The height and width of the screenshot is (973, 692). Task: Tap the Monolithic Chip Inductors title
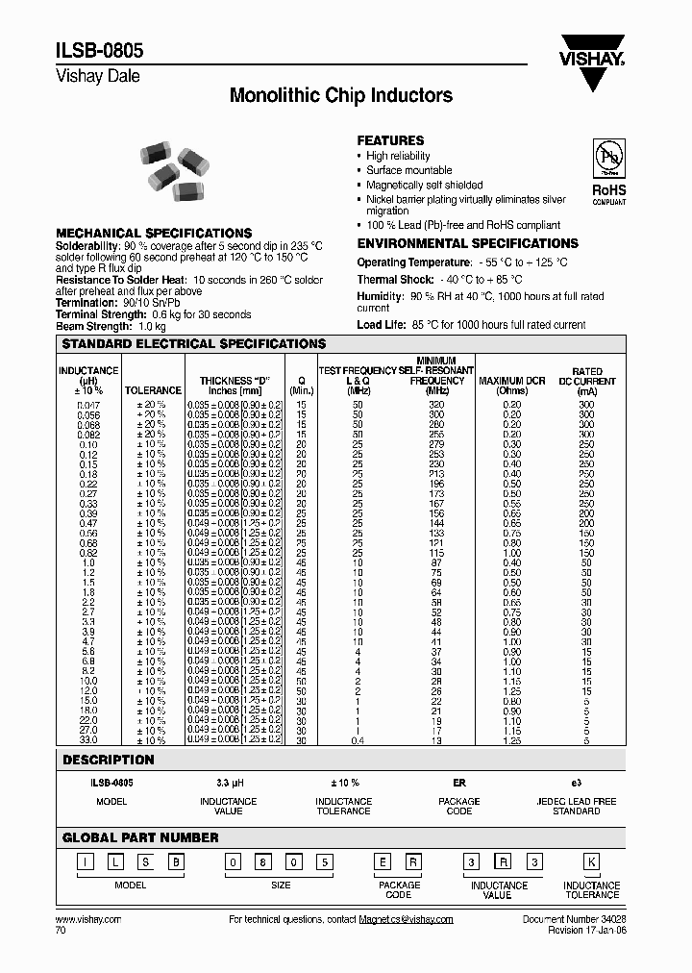(x=341, y=96)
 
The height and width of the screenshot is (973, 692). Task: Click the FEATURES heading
(x=390, y=140)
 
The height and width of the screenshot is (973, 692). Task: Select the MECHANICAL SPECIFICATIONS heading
(x=154, y=233)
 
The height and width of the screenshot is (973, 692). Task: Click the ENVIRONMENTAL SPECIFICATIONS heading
(x=467, y=243)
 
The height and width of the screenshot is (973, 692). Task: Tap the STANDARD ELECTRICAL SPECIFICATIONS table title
(x=193, y=343)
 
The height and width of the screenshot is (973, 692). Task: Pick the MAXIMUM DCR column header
(x=512, y=386)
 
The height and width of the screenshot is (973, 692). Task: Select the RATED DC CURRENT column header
(x=587, y=381)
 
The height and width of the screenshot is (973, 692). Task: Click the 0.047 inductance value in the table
(x=88, y=406)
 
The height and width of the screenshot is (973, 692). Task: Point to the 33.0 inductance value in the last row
(x=88, y=739)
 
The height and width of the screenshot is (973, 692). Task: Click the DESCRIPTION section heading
(x=108, y=760)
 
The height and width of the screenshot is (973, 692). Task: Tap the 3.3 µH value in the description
(x=227, y=784)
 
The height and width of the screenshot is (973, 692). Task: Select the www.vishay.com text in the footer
(x=88, y=920)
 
